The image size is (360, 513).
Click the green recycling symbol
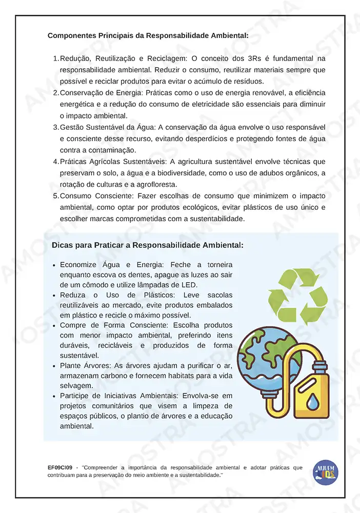(298, 297)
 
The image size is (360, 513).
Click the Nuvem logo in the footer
(326, 472)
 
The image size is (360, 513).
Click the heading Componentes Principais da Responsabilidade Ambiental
(148, 36)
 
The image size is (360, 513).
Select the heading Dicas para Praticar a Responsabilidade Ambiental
(148, 245)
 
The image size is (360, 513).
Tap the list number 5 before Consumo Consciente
(55, 196)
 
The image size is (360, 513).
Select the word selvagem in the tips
(76, 385)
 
